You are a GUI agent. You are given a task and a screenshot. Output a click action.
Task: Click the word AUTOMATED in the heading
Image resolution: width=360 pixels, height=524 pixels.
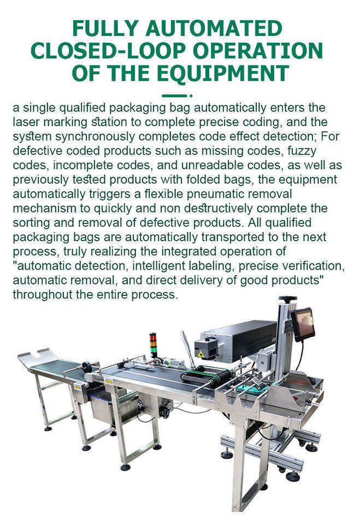coord(214,29)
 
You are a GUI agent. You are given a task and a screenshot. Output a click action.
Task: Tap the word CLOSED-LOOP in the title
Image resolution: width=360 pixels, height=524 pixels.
coord(108,51)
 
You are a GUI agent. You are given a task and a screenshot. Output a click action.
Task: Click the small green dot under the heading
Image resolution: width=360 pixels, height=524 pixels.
coord(191,96)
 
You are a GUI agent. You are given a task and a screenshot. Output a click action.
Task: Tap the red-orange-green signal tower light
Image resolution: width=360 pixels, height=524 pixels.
coord(154,345)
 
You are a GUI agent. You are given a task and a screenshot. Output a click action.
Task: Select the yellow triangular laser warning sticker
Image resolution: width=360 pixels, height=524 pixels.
coord(200,354)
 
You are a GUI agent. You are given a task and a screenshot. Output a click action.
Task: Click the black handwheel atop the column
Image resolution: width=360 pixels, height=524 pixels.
coord(288,298)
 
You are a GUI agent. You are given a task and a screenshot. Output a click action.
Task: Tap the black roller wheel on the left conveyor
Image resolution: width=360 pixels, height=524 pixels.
coord(87,367)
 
